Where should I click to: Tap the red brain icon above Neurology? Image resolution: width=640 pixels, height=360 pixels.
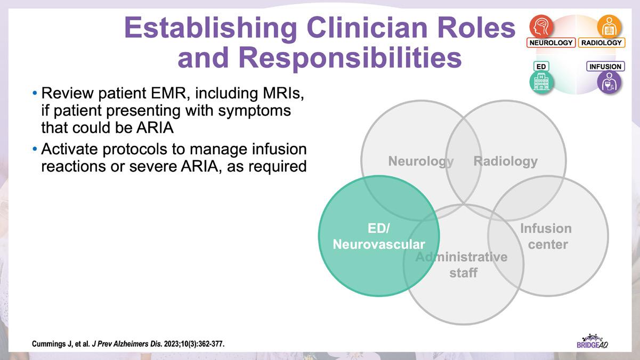point(541,26)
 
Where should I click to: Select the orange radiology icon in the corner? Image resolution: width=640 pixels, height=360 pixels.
point(609,26)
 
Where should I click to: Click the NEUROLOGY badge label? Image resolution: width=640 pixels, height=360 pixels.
point(551,43)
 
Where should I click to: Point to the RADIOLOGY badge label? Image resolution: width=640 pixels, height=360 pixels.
point(601,43)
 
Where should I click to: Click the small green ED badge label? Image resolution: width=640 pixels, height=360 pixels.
point(541,67)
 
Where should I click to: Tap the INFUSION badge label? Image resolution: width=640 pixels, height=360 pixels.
point(605,67)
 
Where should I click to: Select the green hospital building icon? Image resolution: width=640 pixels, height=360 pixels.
point(541,83)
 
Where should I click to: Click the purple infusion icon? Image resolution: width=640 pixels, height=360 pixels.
point(609,83)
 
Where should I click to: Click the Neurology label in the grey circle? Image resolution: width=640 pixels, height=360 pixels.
point(420,161)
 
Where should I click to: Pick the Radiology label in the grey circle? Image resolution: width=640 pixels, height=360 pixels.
point(506,161)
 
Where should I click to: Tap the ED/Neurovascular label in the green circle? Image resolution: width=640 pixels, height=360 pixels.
point(379,236)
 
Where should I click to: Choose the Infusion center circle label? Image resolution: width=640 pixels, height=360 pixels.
point(545,236)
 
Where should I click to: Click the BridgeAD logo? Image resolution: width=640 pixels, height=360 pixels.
point(592,341)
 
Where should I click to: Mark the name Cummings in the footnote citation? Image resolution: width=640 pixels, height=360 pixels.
point(51,344)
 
